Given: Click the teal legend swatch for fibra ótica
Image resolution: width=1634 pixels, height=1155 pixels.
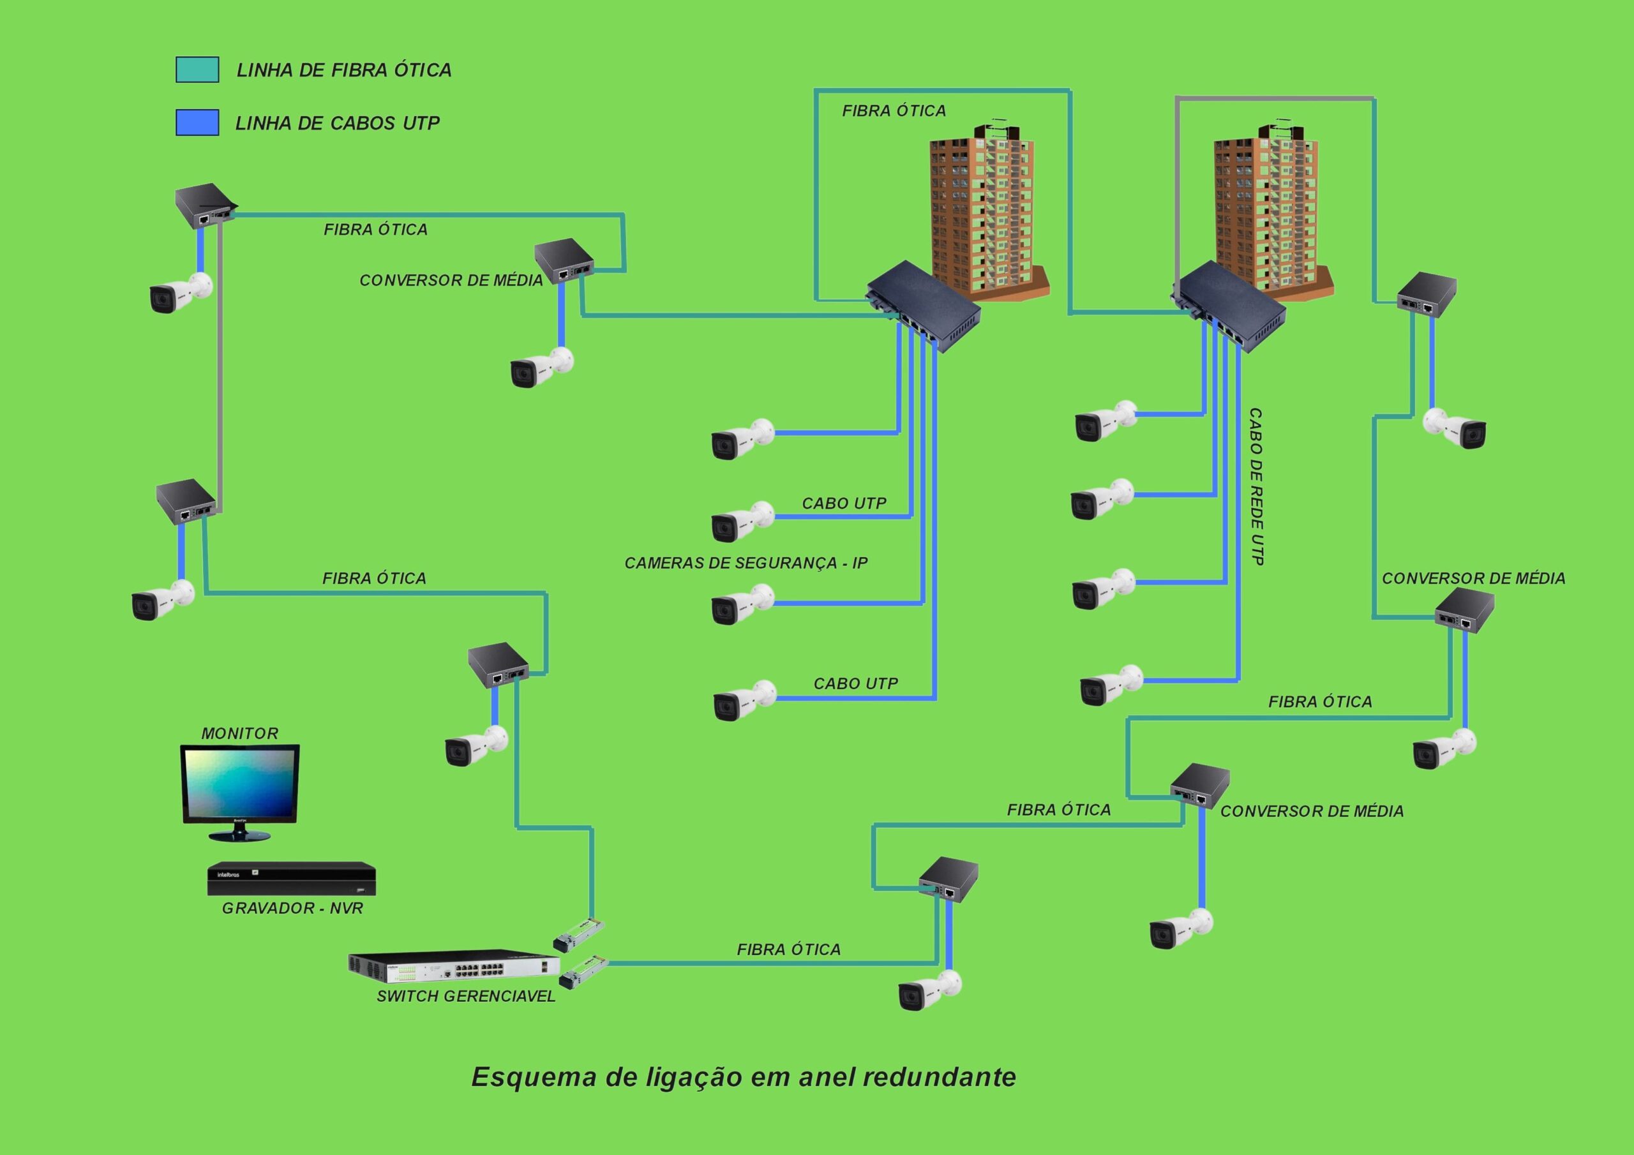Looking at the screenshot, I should [197, 70].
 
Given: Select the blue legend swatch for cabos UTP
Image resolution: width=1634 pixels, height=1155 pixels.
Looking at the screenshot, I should [197, 123].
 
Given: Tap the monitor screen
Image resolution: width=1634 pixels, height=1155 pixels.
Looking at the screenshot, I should [240, 783].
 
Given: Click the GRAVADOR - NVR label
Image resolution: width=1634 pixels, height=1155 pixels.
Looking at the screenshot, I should [292, 908].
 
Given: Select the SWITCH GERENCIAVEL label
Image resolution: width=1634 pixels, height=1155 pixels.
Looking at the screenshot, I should [465, 996].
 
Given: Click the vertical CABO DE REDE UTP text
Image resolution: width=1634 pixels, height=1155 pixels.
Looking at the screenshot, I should [1256, 487].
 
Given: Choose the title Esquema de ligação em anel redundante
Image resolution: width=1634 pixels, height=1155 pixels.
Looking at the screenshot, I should [744, 1077].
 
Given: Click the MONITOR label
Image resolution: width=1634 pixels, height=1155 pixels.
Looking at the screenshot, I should [240, 733].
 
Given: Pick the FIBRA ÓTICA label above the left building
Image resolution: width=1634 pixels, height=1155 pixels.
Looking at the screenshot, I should [894, 111].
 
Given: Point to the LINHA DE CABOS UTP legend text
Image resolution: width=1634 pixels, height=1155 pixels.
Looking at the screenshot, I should [338, 123].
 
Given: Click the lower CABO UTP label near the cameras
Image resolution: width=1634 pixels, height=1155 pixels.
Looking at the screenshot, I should [855, 683].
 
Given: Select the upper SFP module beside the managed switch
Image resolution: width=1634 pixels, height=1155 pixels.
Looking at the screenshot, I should [578, 934].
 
